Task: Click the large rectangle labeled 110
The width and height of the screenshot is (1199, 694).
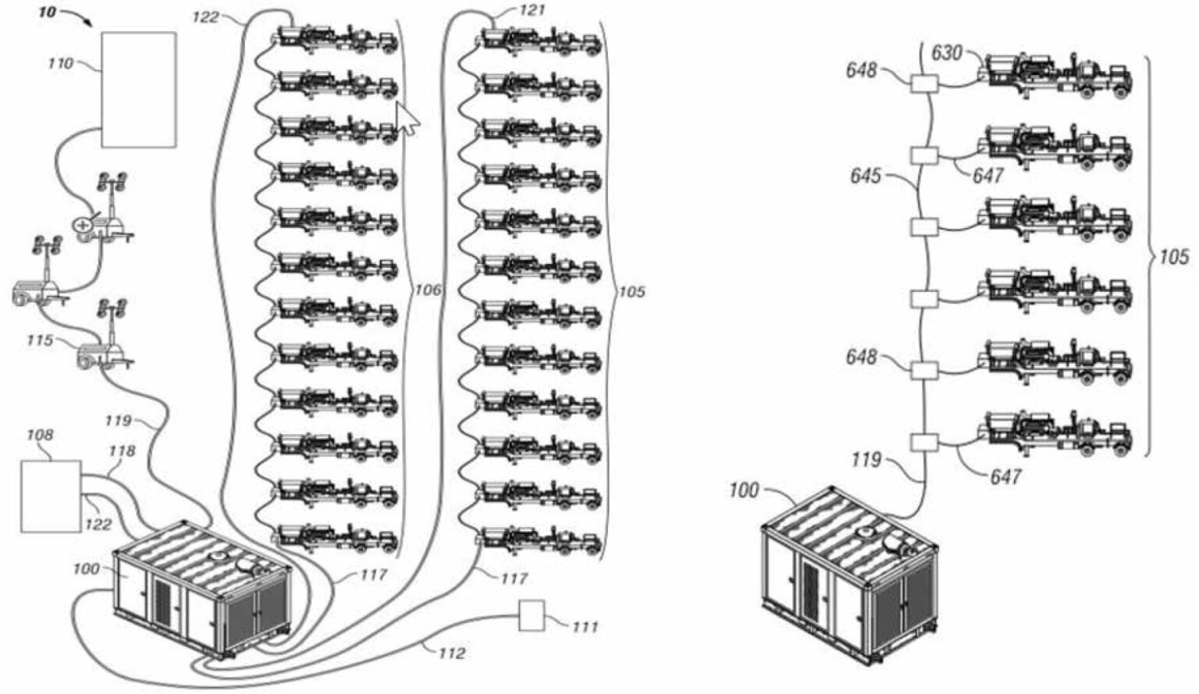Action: point(138,89)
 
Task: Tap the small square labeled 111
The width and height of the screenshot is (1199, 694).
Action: point(532,615)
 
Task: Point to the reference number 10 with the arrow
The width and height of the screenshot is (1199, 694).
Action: point(48,13)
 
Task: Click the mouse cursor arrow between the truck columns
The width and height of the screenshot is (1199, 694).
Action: point(406,119)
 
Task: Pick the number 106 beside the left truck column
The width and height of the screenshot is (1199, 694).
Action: point(427,291)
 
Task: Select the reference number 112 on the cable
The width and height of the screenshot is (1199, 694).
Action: point(450,653)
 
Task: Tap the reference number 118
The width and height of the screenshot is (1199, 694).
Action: point(122,451)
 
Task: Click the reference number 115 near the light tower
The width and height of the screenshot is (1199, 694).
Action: point(40,340)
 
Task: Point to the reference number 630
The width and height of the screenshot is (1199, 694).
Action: point(948,53)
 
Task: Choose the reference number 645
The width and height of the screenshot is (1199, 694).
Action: point(866,176)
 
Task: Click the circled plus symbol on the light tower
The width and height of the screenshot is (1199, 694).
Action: point(81,225)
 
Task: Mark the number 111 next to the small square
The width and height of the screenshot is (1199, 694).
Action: point(585,627)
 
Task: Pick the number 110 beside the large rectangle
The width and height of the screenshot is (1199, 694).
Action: point(60,63)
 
